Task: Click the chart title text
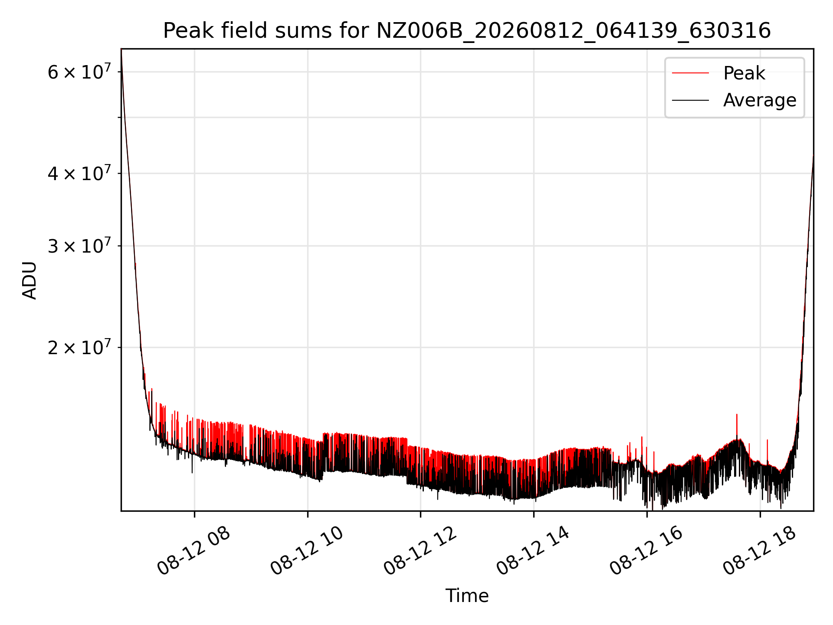[467, 31]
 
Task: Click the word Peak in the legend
[744, 73]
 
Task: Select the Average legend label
[760, 100]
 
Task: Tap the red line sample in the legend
[690, 73]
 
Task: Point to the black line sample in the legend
[690, 100]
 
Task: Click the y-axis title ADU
[30, 280]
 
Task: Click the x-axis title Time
[467, 596]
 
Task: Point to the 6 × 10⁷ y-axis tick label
[79, 71]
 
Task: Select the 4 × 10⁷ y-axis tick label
[79, 173]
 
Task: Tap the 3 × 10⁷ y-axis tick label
[79, 245]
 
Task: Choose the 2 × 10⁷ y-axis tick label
[79, 347]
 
